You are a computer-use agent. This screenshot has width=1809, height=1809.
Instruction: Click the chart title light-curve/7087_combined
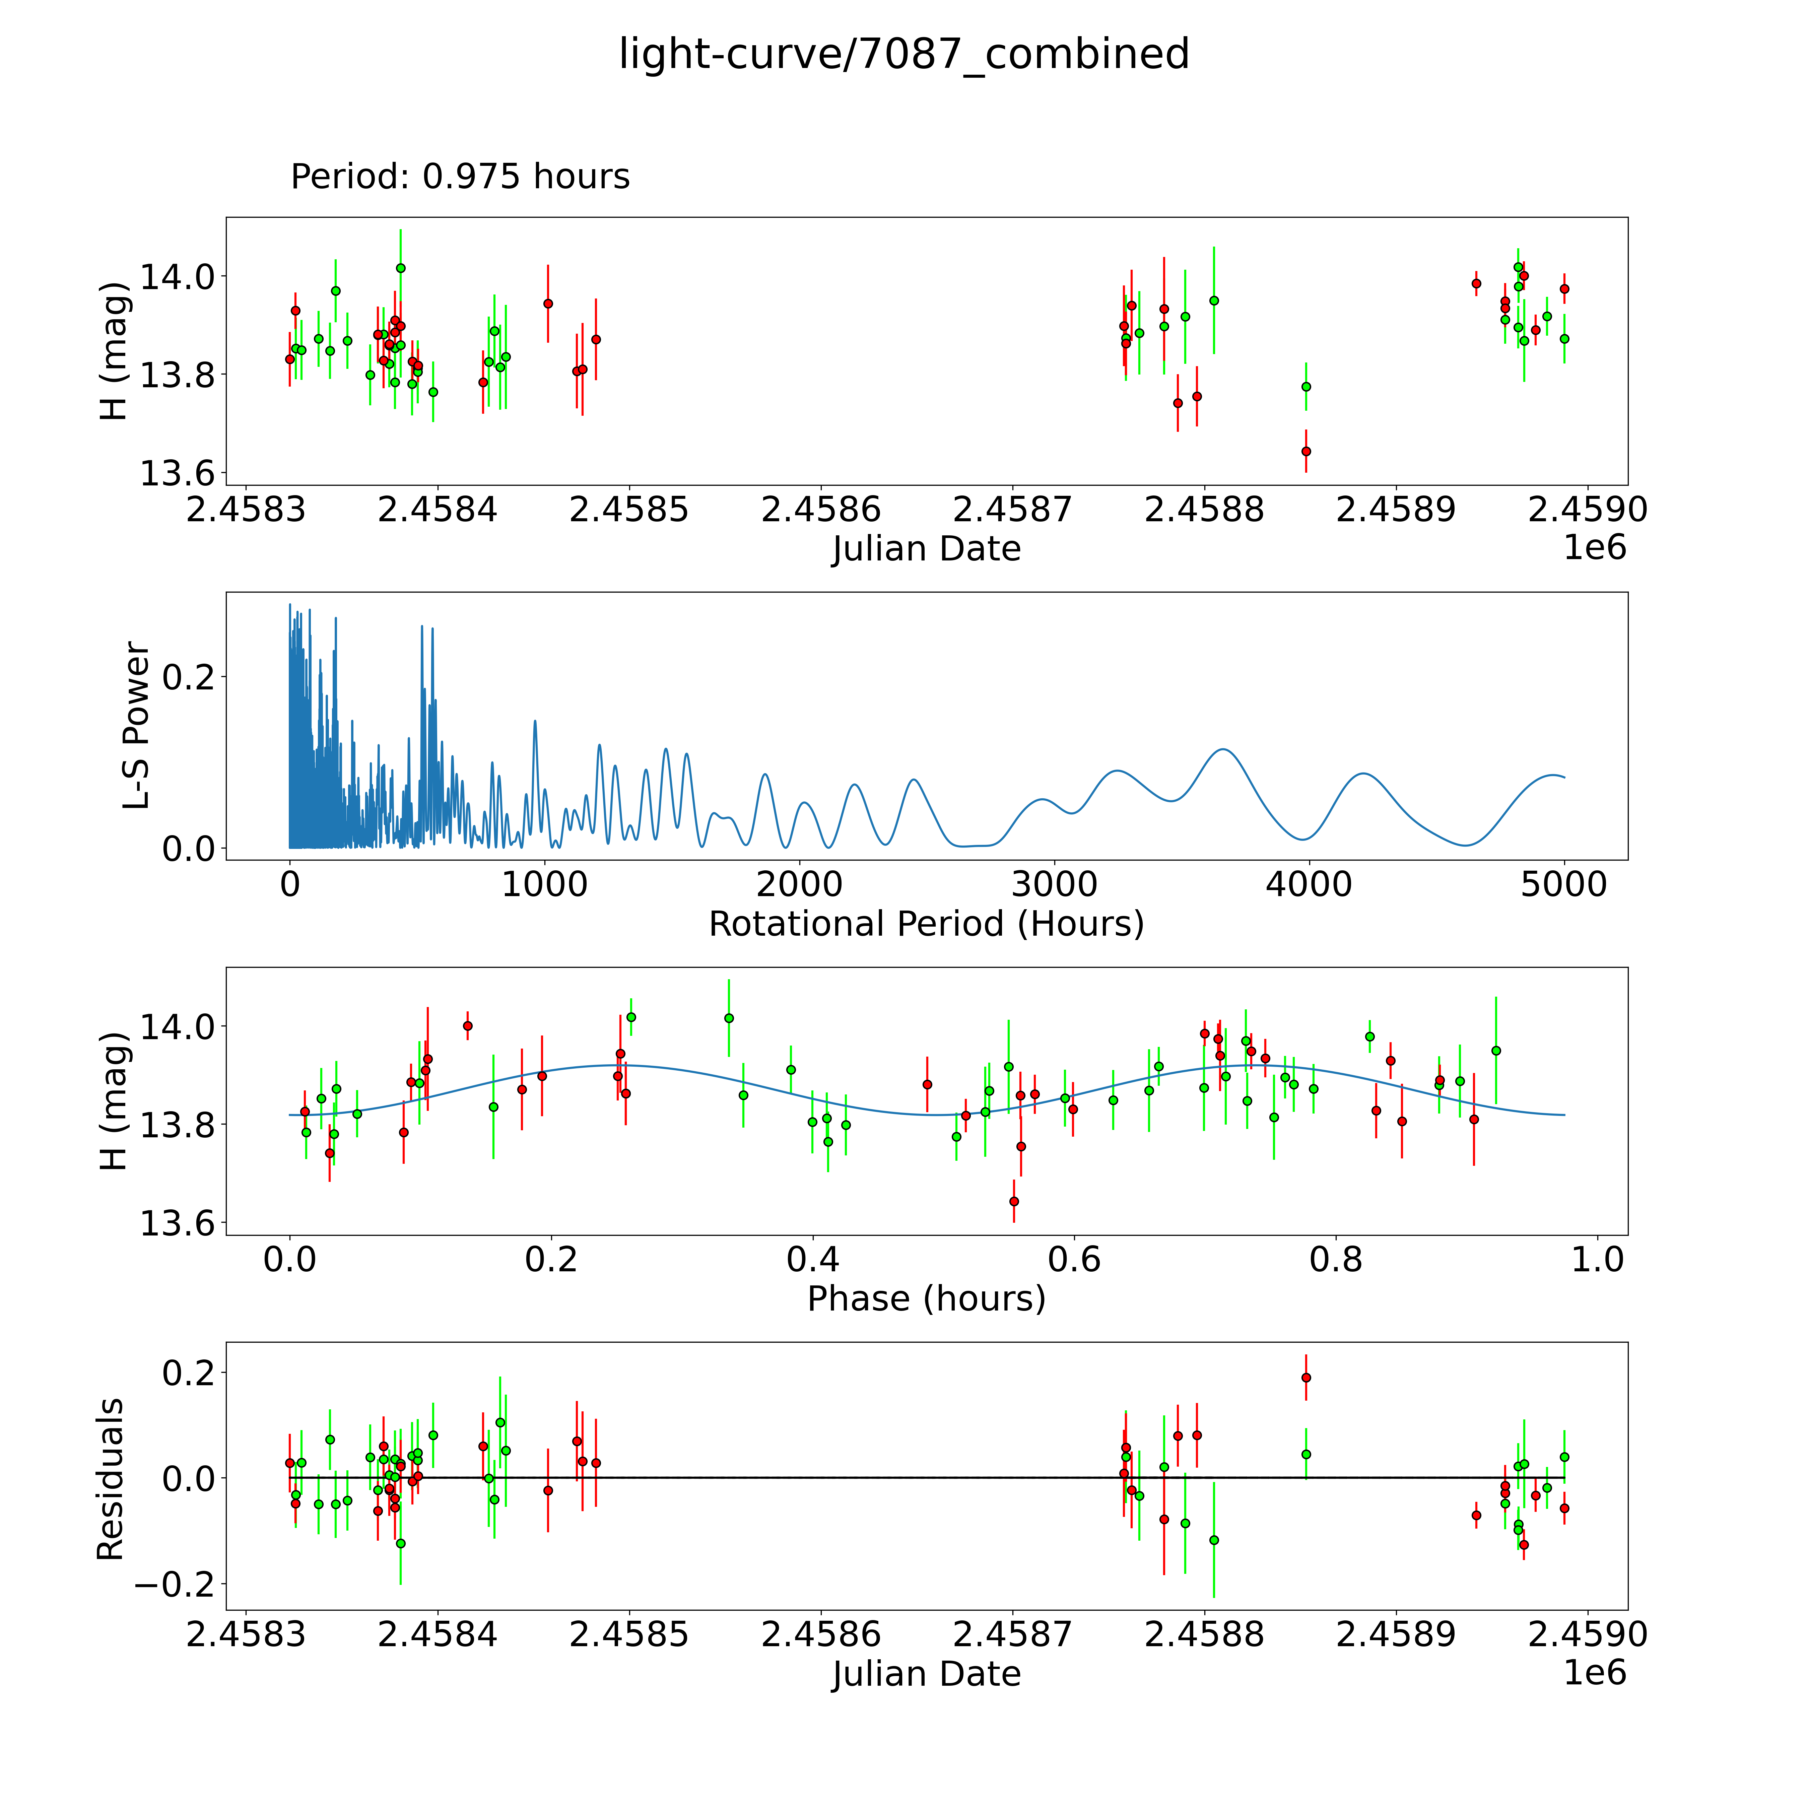(x=903, y=54)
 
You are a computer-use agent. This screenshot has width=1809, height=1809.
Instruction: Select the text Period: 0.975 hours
(x=460, y=177)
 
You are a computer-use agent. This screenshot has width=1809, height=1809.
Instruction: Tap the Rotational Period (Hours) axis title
(x=926, y=924)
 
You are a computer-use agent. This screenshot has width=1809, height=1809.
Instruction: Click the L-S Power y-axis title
(x=137, y=726)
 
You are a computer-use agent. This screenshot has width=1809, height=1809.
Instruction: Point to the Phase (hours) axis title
(x=926, y=1299)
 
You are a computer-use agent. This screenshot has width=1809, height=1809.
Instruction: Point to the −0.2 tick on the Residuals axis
(x=175, y=1584)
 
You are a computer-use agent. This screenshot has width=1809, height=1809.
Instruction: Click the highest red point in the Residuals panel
(x=1306, y=1377)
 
